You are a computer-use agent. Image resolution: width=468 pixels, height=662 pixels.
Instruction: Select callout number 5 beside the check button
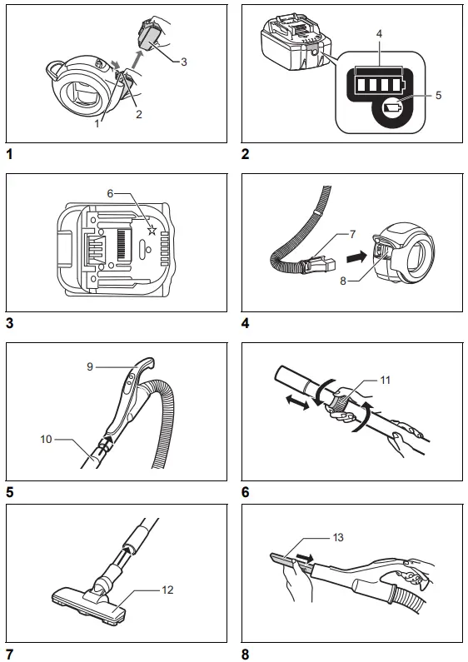point(438,95)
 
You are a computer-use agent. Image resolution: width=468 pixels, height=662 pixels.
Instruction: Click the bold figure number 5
point(9,492)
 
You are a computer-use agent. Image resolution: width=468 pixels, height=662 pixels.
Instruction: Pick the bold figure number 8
point(246,655)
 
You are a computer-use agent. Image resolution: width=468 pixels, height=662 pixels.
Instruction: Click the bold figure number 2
point(246,154)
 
